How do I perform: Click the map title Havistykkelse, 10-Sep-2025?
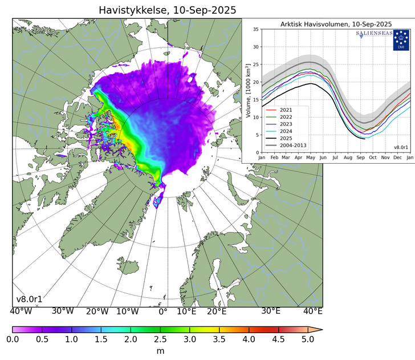[x=167, y=10]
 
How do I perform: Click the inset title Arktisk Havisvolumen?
[x=336, y=24]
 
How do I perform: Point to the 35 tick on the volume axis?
[x=256, y=29]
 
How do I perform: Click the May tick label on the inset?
[x=311, y=156]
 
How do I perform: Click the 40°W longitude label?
[x=21, y=312]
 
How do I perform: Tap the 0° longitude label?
[x=162, y=312]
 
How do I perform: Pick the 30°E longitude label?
[x=270, y=312]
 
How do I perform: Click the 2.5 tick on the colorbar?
[x=160, y=339]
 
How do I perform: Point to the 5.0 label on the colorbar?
[x=308, y=339]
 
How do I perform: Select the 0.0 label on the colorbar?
[x=13, y=339]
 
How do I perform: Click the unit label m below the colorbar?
[x=160, y=351]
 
